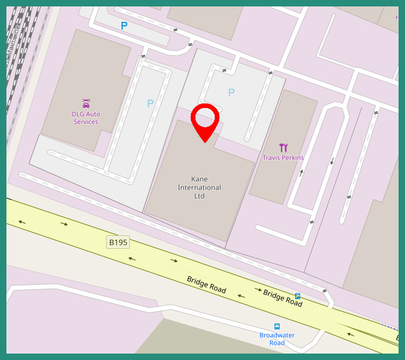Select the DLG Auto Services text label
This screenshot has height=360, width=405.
tap(85, 118)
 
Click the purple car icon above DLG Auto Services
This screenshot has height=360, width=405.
tap(86, 104)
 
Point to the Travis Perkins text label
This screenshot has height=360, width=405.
tap(283, 157)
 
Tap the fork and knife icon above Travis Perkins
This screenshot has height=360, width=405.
tap(283, 147)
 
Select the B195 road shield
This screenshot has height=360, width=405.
tap(118, 242)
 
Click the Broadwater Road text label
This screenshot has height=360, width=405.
tap(277, 339)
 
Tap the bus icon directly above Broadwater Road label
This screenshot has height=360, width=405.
tap(277, 327)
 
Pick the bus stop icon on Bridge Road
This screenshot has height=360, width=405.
tap(298, 296)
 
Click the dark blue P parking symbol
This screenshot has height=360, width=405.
tap(124, 26)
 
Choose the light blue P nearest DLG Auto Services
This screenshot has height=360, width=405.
tap(150, 103)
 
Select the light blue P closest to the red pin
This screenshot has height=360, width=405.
tap(231, 93)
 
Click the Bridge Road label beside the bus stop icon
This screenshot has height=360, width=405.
tap(282, 298)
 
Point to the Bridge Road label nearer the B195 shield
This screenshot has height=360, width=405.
tap(206, 285)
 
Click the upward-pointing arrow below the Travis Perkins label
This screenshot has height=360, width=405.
tap(301, 172)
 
